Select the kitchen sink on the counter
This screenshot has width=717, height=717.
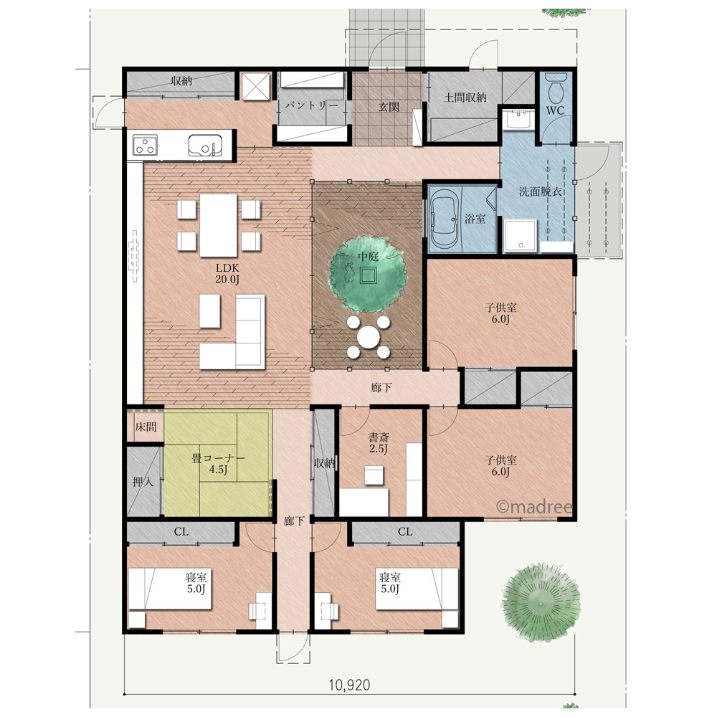tap(205, 146)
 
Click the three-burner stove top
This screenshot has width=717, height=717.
tap(145, 146)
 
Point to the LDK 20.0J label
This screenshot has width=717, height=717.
tap(227, 273)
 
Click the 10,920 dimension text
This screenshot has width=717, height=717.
tap(349, 685)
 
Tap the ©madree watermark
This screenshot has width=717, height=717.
tap(534, 507)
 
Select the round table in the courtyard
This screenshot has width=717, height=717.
tap(368, 338)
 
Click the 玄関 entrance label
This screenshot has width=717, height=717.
tap(389, 107)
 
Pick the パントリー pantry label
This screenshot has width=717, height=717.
tap(311, 106)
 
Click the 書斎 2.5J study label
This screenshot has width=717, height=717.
tap(379, 442)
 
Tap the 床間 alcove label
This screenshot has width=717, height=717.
tap(146, 427)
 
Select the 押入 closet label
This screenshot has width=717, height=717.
tap(143, 482)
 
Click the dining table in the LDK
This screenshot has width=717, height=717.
tap(219, 225)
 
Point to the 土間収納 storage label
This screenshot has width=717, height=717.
tap(465, 98)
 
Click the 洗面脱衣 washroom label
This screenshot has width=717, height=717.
tap(540, 191)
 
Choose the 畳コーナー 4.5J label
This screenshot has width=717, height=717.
tap(218, 463)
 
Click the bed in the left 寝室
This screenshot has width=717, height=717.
tap(170, 589)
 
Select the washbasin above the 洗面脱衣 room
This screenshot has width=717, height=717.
tap(518, 120)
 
